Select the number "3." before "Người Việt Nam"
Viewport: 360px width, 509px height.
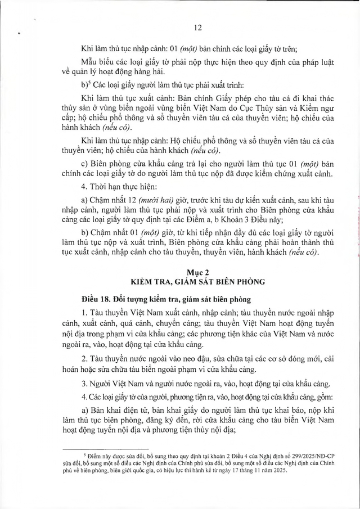tap(84, 384)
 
